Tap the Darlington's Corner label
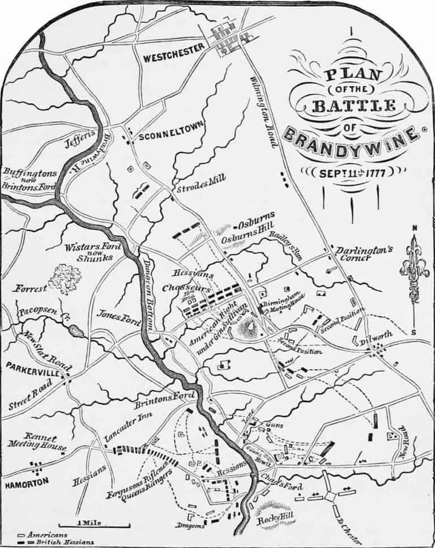(x=361, y=253)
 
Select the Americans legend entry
(x=43, y=534)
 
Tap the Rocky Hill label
(x=273, y=520)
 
